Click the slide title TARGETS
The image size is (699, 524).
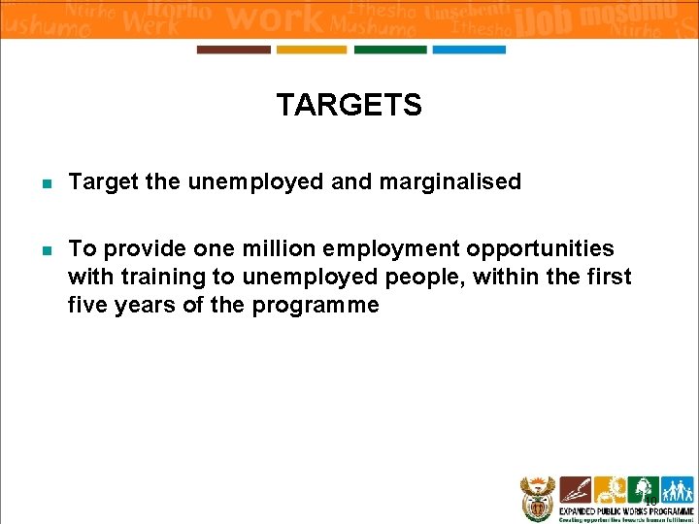point(349,105)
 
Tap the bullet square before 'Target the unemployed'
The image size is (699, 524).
point(47,182)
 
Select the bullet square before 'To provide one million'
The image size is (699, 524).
point(47,250)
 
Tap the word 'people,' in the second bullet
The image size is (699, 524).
point(411,278)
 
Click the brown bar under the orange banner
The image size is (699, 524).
point(234,49)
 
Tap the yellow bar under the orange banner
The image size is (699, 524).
point(312,49)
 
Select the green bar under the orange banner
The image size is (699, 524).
point(389,49)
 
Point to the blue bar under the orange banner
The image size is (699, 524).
point(469,49)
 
